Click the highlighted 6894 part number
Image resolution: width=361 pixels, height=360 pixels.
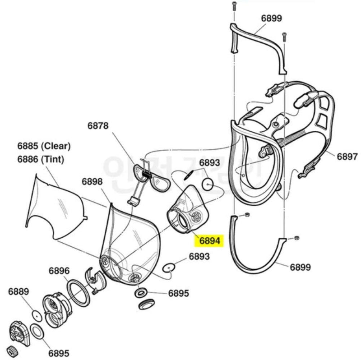coord(207,240)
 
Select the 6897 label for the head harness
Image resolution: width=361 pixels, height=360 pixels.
coord(347,157)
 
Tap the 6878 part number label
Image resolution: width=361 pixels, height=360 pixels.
coord(98,126)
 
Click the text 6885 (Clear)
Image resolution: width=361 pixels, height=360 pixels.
coord(44,146)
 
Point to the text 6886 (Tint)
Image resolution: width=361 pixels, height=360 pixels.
coord(41,159)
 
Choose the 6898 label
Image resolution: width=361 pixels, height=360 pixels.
coord(93,181)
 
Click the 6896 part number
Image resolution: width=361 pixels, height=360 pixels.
coord(59,271)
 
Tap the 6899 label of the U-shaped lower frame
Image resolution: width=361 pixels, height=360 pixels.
coord(300,267)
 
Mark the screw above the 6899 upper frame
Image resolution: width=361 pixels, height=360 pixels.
coord(233,7)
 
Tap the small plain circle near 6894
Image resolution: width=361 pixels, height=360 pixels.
coord(207,184)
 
